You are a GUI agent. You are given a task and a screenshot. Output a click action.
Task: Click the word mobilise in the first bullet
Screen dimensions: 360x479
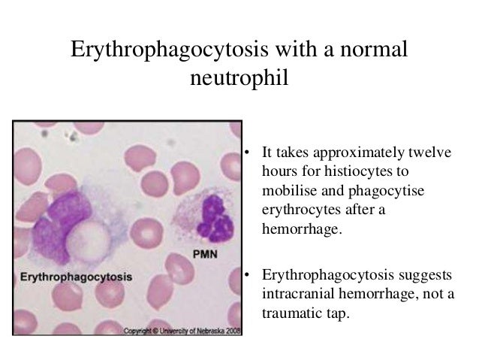288,192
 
